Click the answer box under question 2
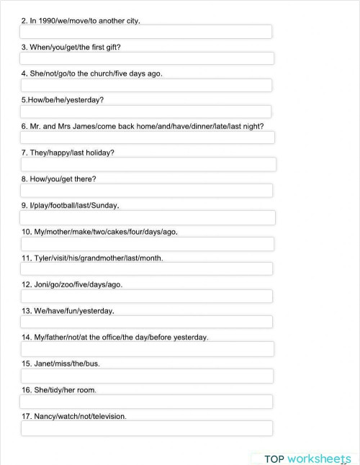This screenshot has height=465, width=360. click(x=146, y=32)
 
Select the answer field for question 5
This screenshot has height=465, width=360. click(x=146, y=112)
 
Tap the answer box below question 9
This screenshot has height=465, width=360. click(x=148, y=217)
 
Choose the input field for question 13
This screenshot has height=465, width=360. click(x=147, y=322)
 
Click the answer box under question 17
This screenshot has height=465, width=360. click(x=147, y=428)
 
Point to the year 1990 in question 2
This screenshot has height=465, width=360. click(x=46, y=21)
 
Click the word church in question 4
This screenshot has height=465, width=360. click(x=99, y=73)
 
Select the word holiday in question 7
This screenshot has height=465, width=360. click(x=99, y=153)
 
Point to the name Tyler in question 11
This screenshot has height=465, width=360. click(x=44, y=258)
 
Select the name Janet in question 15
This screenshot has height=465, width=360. click(x=45, y=364)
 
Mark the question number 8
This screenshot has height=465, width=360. click(x=24, y=179)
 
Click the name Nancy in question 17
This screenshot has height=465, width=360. click(x=47, y=416)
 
